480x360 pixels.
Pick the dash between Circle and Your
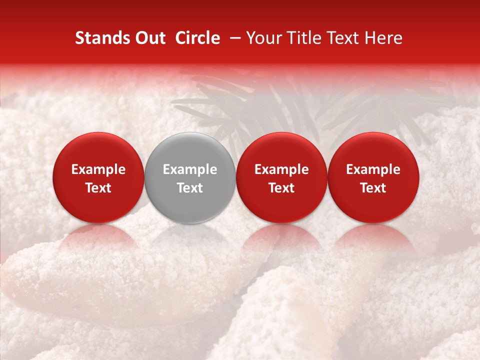tap(233, 38)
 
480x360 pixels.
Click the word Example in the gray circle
tap(190, 170)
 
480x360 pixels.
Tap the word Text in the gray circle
tap(190, 188)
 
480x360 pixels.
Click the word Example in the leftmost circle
tap(98, 170)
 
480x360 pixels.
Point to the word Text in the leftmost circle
tap(98, 188)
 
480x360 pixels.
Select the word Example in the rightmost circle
tap(373, 170)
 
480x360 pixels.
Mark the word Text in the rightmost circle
tap(373, 188)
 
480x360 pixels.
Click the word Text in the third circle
tap(281, 188)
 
